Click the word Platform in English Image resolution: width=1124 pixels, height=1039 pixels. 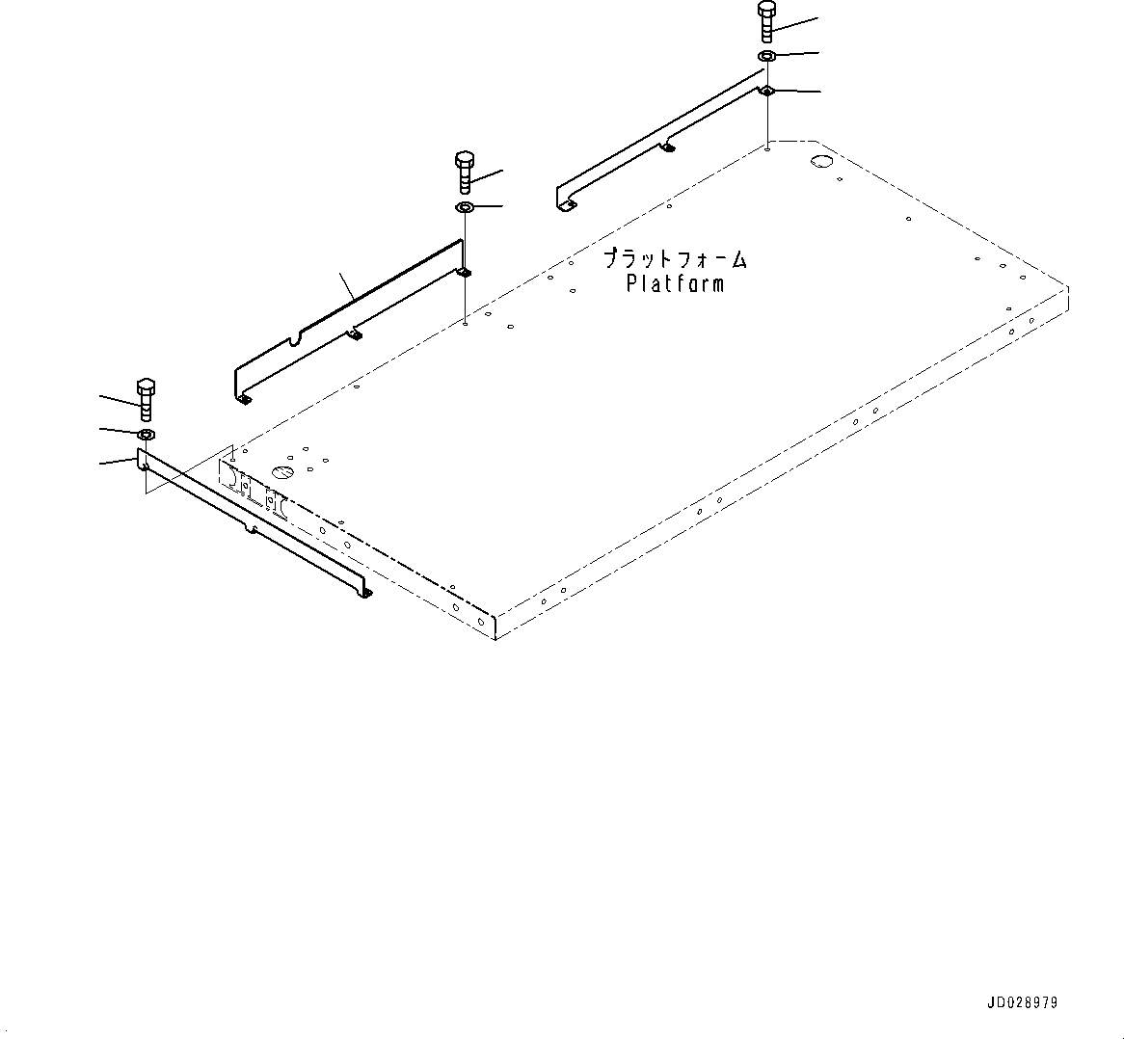(675, 283)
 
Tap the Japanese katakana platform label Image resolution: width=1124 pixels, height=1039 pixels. (675, 258)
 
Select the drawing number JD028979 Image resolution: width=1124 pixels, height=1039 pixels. (1021, 1003)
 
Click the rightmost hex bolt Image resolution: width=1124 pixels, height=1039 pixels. (766, 21)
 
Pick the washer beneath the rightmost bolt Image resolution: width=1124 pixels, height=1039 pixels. (767, 56)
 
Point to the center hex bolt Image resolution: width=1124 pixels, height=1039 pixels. (464, 171)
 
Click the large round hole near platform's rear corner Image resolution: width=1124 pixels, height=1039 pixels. (821, 161)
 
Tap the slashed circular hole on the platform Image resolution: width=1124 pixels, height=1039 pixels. (282, 472)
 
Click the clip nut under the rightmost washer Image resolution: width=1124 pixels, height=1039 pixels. (767, 91)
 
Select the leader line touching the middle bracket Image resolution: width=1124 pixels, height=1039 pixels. (347, 284)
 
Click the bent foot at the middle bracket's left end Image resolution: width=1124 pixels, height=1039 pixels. (244, 397)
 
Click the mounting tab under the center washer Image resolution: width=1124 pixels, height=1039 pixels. (464, 273)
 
